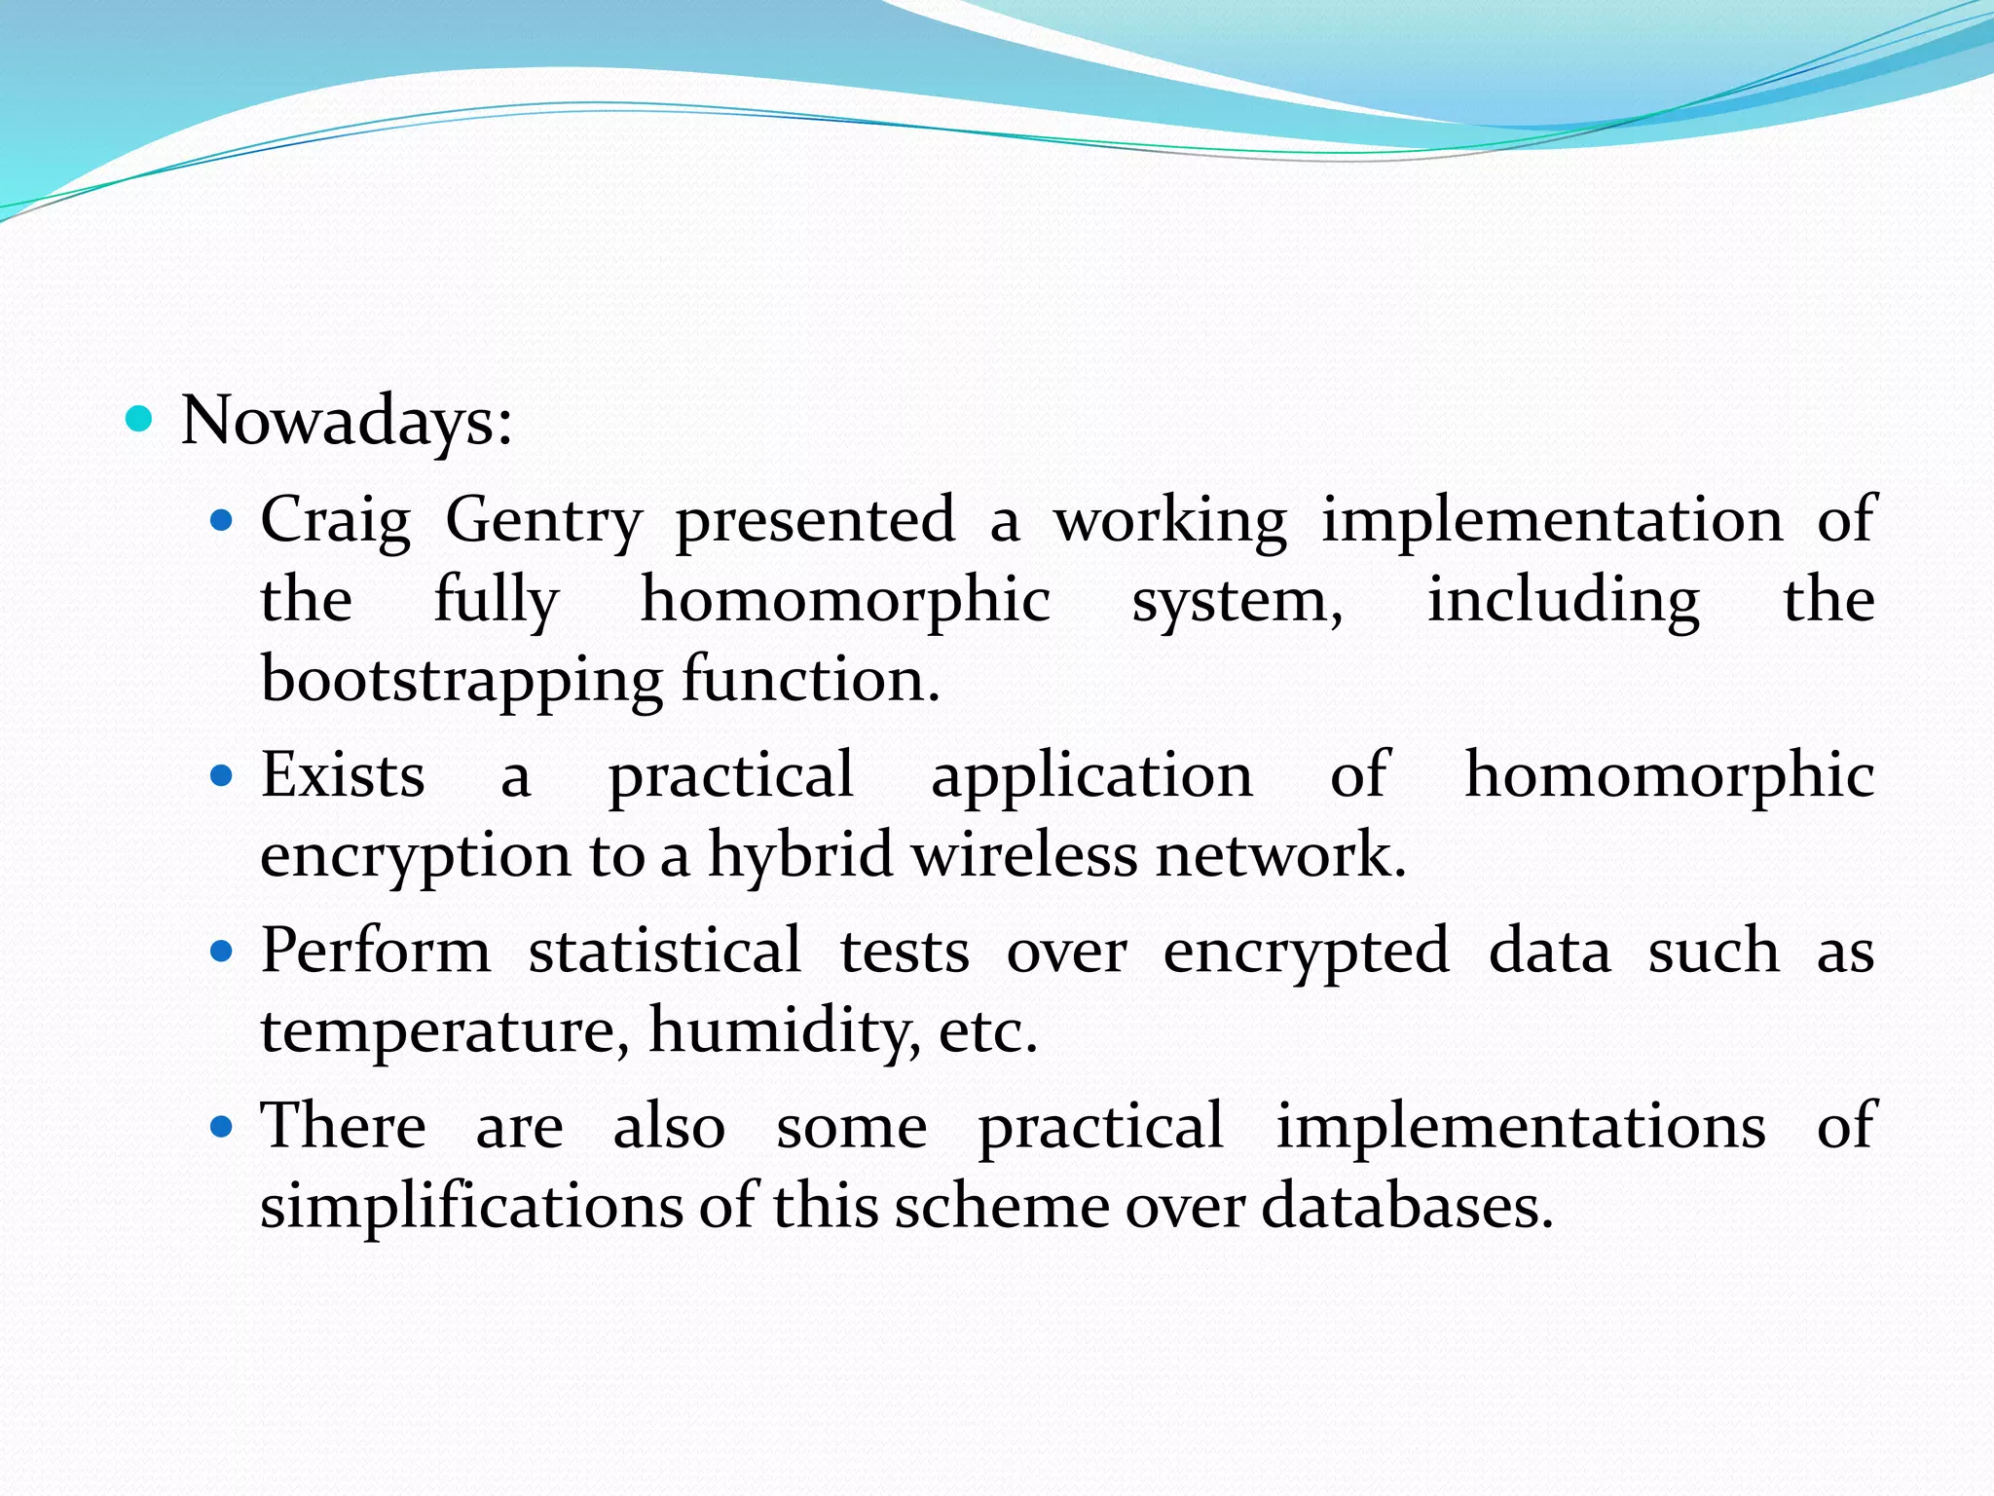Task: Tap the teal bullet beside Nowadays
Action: pos(140,420)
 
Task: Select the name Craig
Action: pos(335,520)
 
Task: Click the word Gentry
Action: pos(543,520)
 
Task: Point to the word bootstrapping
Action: pos(462,680)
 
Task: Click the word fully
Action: pos(496,600)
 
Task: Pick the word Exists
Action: pos(343,775)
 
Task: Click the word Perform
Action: pos(376,951)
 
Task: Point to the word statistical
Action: pos(665,951)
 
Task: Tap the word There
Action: pos(343,1126)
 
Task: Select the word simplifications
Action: pos(471,1206)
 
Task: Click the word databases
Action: pos(1407,1206)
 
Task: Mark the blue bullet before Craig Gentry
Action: pos(223,521)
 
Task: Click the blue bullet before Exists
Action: pos(223,776)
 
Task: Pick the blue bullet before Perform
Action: pos(223,952)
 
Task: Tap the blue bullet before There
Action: pos(223,1127)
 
